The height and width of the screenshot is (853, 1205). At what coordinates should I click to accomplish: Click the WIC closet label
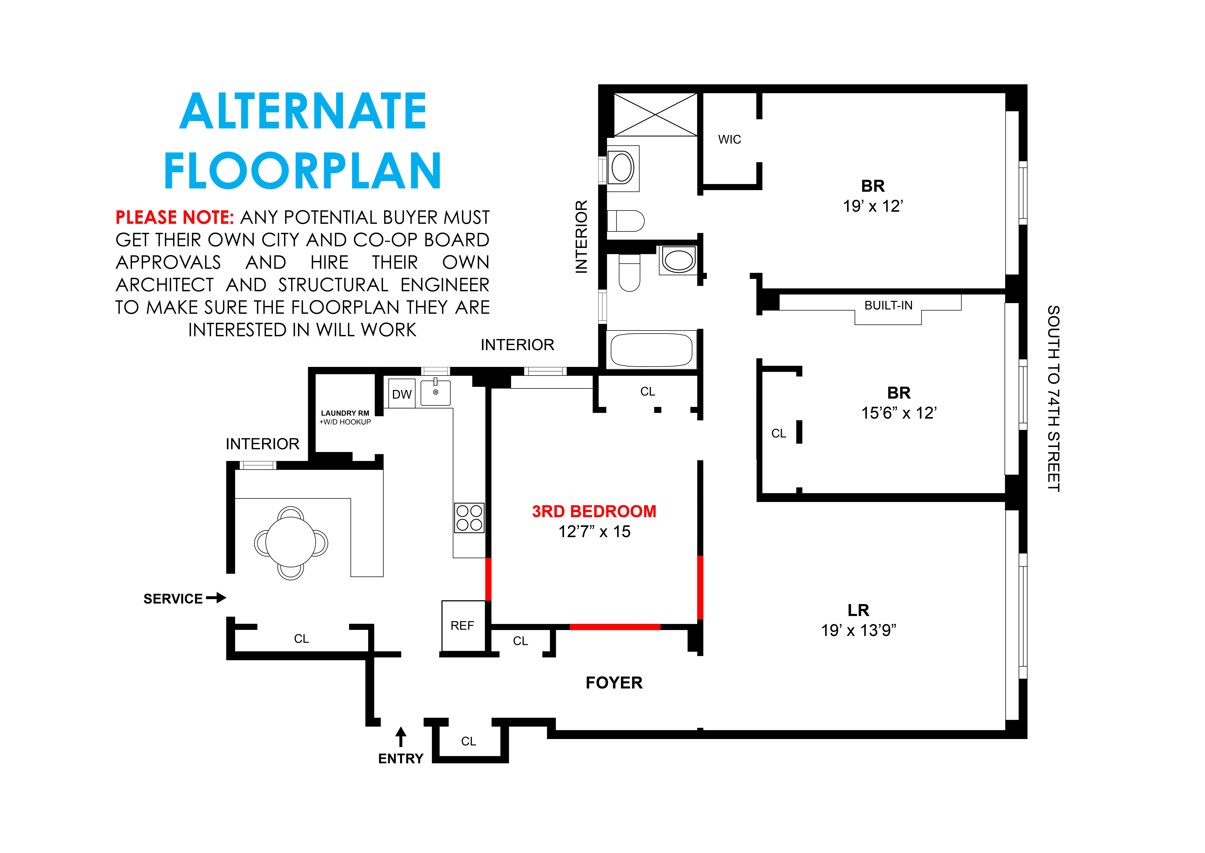click(x=729, y=140)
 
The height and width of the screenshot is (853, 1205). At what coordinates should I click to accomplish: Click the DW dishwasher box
click(x=401, y=394)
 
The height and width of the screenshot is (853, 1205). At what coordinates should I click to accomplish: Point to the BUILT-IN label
click(x=889, y=306)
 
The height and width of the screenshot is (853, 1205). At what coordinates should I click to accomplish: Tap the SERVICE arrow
click(x=216, y=598)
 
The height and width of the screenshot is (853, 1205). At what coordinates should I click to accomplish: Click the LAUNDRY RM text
click(x=345, y=413)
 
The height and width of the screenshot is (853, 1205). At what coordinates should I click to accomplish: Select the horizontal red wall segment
click(x=615, y=627)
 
